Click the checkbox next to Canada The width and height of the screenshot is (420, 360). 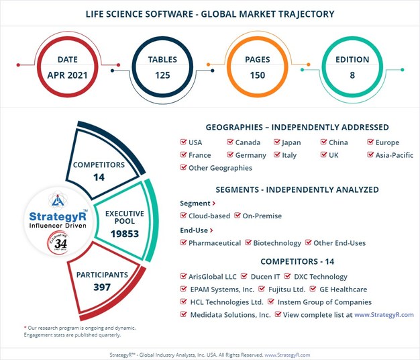coord(230,142)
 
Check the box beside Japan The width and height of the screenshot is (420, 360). coord(277,142)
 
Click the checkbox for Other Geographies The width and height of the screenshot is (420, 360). coord(184,168)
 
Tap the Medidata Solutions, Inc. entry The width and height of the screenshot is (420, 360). coord(230,314)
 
